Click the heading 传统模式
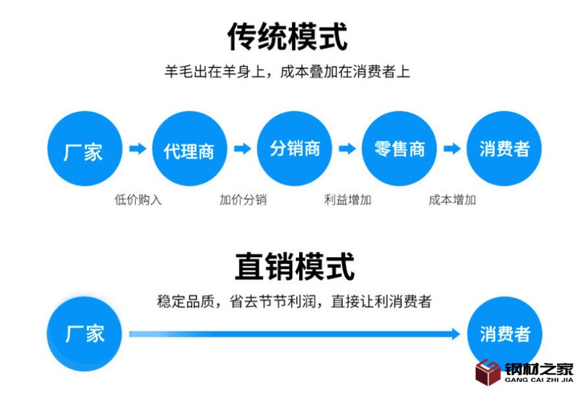point(287,36)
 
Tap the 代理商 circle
point(189,148)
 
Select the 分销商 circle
point(295,148)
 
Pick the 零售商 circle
point(399,148)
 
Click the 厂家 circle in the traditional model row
point(84,148)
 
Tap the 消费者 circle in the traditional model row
point(504,148)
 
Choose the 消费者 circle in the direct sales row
point(504,333)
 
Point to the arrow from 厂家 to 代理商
point(137,149)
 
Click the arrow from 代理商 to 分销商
point(243,149)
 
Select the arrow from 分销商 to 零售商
point(347,149)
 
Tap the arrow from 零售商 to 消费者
point(452,149)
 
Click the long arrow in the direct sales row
point(294,334)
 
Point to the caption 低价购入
point(138,200)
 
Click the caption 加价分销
point(243,200)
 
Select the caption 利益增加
point(347,200)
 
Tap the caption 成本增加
point(452,200)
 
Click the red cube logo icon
point(488,373)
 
